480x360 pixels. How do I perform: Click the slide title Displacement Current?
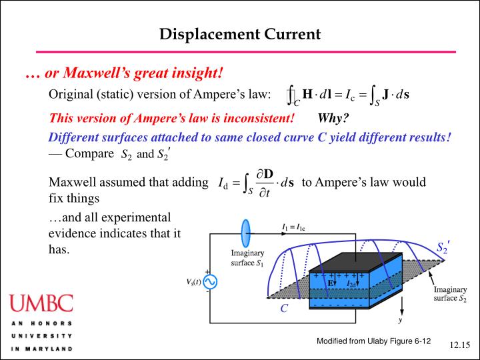tap(240, 33)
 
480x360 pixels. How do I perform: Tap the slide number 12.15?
tap(459, 345)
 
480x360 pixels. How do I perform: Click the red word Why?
tap(333, 119)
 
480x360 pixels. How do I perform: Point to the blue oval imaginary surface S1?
tap(246, 234)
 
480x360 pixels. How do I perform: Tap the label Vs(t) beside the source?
tap(193, 282)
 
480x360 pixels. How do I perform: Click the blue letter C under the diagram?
tap(284, 309)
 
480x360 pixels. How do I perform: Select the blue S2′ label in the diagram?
tap(443, 248)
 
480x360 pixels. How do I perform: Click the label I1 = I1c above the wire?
tap(294, 229)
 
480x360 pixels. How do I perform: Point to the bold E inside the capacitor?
tap(331, 283)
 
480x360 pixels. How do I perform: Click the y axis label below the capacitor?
tap(400, 320)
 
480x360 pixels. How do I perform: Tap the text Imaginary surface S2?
tap(451, 294)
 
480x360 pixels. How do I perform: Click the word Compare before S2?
tap(89, 154)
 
